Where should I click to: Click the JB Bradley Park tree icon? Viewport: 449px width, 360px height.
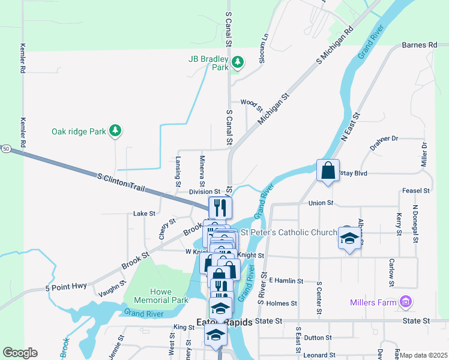point(238,61)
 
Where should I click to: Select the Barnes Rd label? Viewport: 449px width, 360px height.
point(420,45)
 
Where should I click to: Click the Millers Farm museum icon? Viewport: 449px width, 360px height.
point(406,301)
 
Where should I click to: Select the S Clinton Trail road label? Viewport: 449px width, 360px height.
point(121,182)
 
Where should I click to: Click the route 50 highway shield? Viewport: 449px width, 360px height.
point(5,148)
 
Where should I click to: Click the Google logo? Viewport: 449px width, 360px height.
point(20,353)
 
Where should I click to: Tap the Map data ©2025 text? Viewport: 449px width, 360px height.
point(423,355)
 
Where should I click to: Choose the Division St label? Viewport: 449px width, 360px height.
point(205,192)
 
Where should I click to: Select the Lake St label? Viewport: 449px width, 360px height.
point(144,213)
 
